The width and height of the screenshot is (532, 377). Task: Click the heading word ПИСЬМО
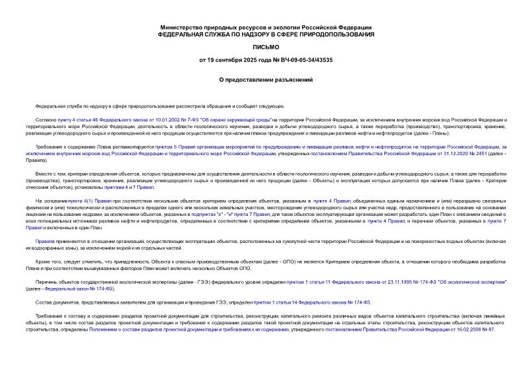(266, 47)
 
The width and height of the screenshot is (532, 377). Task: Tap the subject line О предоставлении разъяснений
(266, 79)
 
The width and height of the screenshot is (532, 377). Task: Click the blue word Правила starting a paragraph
(45, 242)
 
